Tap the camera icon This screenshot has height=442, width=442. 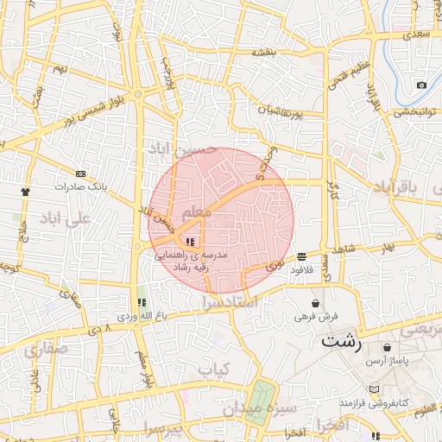point(421,85)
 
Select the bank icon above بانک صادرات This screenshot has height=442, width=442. point(80,173)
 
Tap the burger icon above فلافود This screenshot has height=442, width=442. point(301,256)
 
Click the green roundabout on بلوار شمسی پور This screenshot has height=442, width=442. point(137,94)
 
